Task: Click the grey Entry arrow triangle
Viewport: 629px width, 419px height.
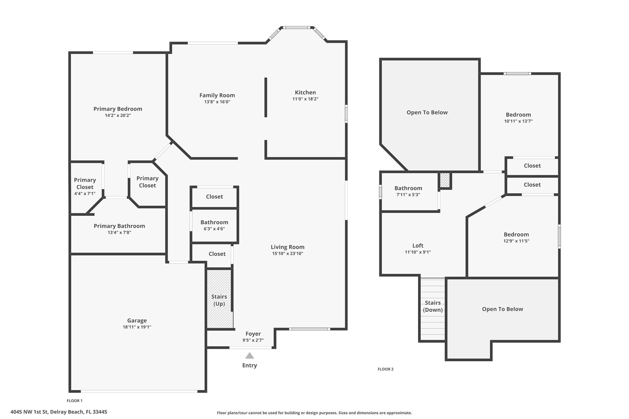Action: [x=249, y=356]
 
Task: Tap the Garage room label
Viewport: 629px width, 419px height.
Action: [x=137, y=320]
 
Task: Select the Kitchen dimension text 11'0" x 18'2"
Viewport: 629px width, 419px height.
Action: [x=305, y=99]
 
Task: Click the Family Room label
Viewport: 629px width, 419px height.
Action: [x=217, y=95]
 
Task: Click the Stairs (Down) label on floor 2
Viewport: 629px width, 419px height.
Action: [x=433, y=306]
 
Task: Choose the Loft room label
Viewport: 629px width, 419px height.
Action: [x=418, y=246]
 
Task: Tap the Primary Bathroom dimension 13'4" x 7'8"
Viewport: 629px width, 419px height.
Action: [x=119, y=232]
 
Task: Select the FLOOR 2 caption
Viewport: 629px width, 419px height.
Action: [x=385, y=369]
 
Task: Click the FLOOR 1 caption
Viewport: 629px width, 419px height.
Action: [x=75, y=401]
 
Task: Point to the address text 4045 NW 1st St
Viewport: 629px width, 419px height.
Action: [x=59, y=412]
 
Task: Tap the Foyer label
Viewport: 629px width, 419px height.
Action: [x=253, y=334]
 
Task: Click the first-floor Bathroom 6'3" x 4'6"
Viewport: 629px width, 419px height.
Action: [x=214, y=225]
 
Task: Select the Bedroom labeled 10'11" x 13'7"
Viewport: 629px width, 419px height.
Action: [x=518, y=118]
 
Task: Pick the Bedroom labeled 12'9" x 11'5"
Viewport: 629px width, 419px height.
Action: [x=516, y=237]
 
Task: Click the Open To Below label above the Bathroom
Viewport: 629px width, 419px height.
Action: [x=427, y=112]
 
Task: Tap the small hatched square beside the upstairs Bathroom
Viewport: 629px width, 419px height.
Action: [x=445, y=180]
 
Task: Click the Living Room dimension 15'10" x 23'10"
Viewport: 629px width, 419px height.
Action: [x=287, y=254]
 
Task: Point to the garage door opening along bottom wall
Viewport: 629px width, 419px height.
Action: [x=139, y=391]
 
